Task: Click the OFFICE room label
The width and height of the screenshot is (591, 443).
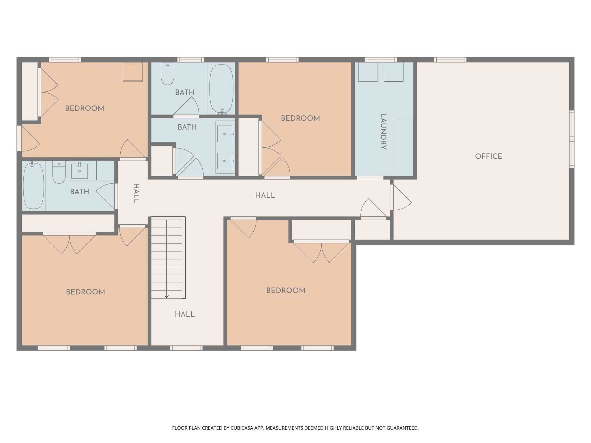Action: pyautogui.click(x=488, y=156)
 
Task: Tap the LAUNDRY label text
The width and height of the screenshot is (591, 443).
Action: pyautogui.click(x=383, y=132)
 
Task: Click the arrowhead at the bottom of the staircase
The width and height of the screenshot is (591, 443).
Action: pyautogui.click(x=167, y=296)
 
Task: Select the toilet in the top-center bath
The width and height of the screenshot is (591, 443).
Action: pyautogui.click(x=167, y=74)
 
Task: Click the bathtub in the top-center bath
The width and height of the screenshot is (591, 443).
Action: pyautogui.click(x=221, y=89)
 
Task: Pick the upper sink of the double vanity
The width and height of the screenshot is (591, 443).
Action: pyautogui.click(x=225, y=134)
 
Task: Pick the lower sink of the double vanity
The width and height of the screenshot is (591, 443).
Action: pyautogui.click(x=225, y=161)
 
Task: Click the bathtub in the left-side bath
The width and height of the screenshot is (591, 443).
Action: pyautogui.click(x=33, y=185)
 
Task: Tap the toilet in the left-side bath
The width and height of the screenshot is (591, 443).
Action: pyautogui.click(x=59, y=172)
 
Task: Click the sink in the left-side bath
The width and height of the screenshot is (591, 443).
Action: pyautogui.click(x=79, y=171)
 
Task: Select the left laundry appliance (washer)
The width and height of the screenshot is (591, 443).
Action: pyautogui.click(x=368, y=72)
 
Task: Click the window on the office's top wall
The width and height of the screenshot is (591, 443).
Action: pyautogui.click(x=450, y=60)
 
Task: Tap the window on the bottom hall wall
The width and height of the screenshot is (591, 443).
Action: pyautogui.click(x=186, y=348)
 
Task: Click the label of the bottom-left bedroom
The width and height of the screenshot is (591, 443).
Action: pyautogui.click(x=85, y=292)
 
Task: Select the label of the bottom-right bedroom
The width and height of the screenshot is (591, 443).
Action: pyautogui.click(x=286, y=290)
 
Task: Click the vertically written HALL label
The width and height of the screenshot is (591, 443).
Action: pyautogui.click(x=136, y=193)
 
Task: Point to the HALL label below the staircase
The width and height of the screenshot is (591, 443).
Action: pyautogui.click(x=185, y=314)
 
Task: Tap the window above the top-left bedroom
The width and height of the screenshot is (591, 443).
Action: pyautogui.click(x=65, y=60)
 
